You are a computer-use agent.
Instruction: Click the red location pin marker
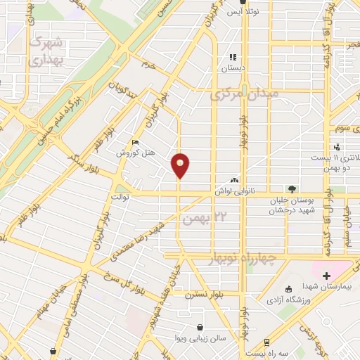181,165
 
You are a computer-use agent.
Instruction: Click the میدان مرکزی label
244,93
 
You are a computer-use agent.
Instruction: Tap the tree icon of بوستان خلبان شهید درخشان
292,188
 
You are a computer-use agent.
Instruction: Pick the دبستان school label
232,69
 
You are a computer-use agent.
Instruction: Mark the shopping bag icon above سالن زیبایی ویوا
201,326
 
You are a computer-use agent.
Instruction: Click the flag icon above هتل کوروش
136,143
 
